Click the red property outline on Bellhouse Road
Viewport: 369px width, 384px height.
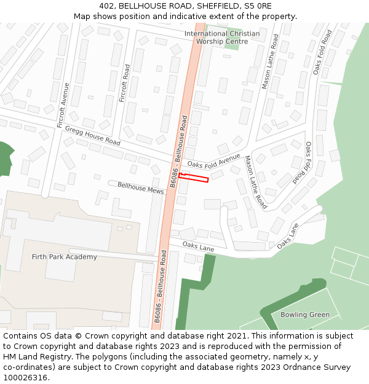pyautogui.click(x=194, y=178)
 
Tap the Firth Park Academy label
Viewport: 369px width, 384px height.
pyautogui.click(x=64, y=257)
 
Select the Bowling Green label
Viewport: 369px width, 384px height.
pyautogui.click(x=304, y=315)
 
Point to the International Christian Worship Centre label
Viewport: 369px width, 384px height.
pyautogui.click(x=222, y=37)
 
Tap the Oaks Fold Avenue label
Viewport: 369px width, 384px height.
pyautogui.click(x=213, y=161)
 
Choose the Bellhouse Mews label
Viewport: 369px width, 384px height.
pyautogui.click(x=141, y=188)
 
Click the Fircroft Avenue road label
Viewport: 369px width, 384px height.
pyautogui.click(x=63, y=109)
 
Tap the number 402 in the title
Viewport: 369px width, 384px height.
pyautogui.click(x=106, y=6)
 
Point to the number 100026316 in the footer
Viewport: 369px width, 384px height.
pyautogui.click(x=26, y=377)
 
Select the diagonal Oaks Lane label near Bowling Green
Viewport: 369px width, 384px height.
pyautogui.click(x=287, y=235)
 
